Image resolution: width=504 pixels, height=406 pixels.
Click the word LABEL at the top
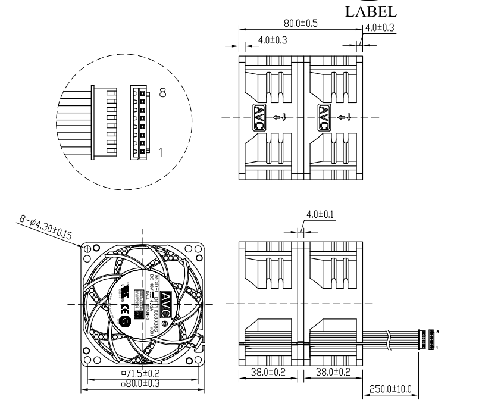(x=371, y=12)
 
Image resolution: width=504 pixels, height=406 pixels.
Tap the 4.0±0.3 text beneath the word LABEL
(x=380, y=28)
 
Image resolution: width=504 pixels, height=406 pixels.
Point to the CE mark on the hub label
(x=135, y=292)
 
